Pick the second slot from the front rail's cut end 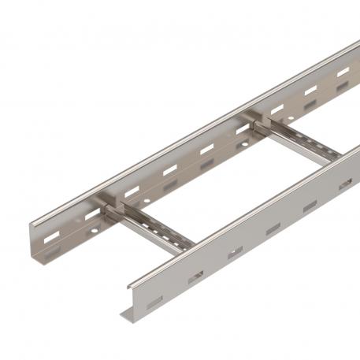click(x=197, y=276)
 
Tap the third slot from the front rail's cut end click(x=235, y=253)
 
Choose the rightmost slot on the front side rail click(x=345, y=184)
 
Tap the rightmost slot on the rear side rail click(x=343, y=72)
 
